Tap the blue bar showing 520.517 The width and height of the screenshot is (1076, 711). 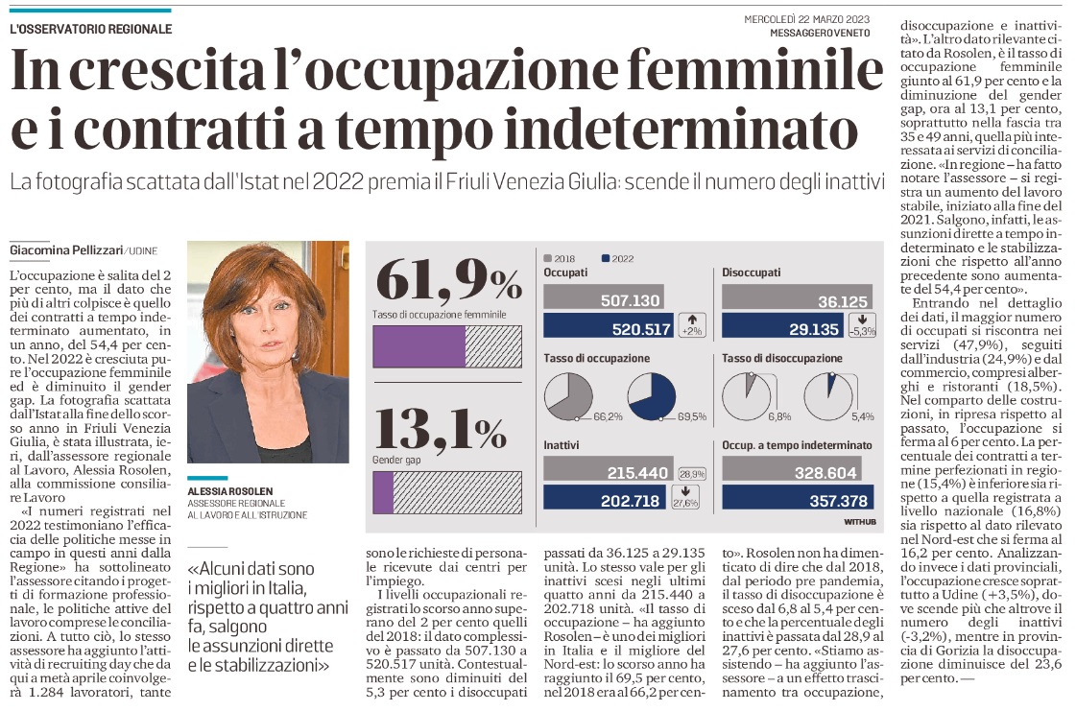click(609, 329)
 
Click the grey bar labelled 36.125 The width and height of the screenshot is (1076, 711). click(796, 300)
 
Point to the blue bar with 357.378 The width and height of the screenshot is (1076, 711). click(796, 500)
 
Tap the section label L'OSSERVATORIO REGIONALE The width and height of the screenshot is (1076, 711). click(91, 29)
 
